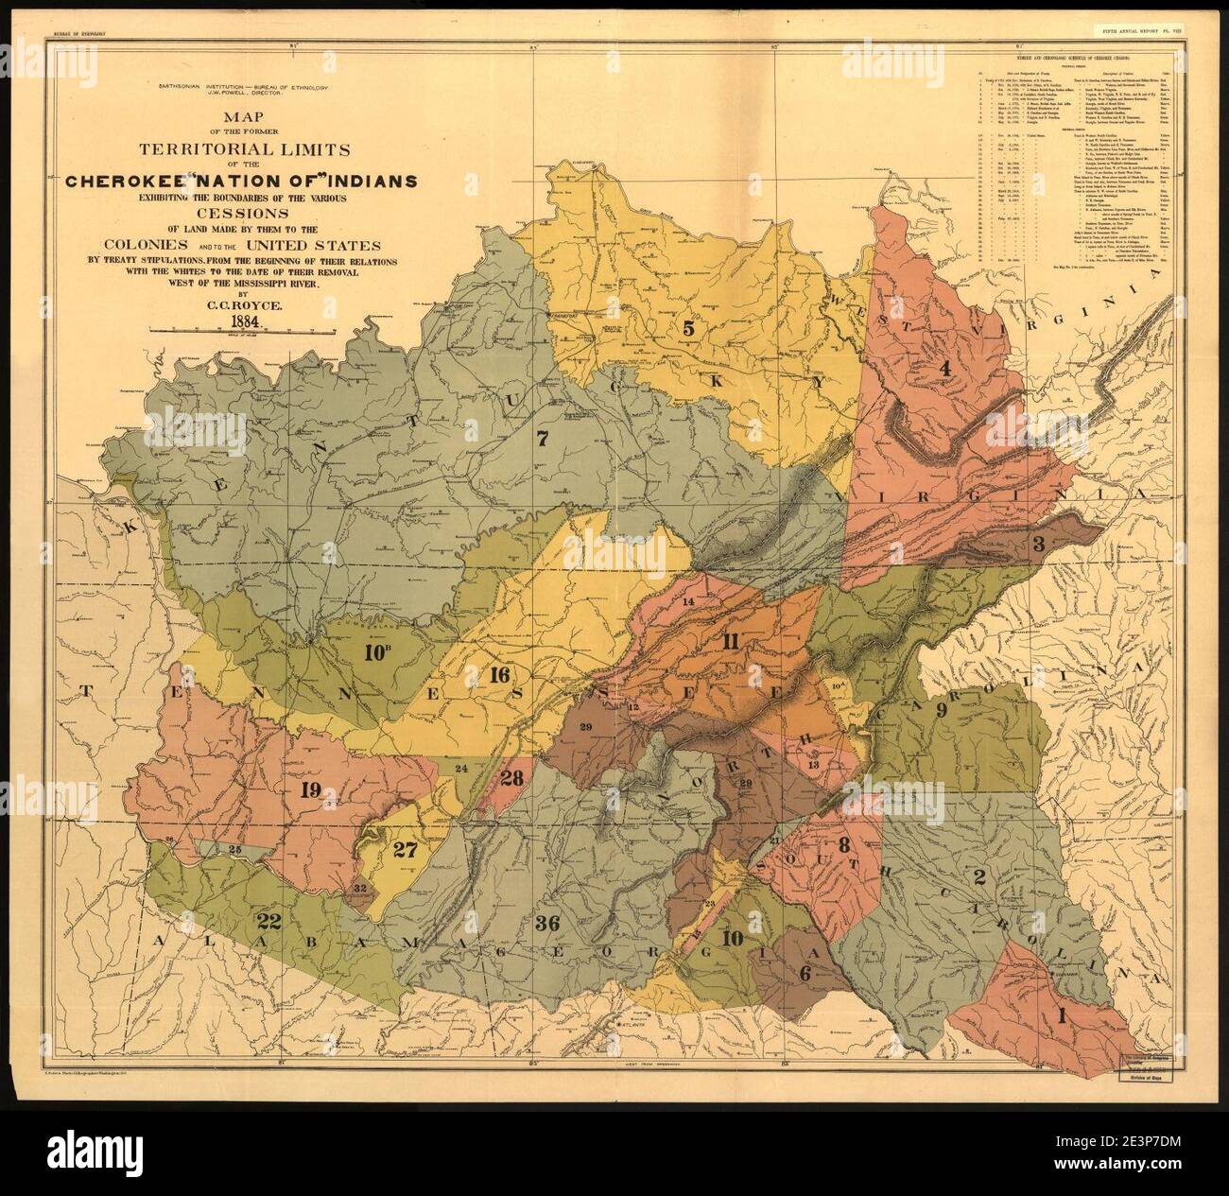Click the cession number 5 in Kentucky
click(689, 328)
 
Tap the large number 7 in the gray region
click(542, 439)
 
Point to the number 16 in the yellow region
click(500, 674)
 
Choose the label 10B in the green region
click(376, 651)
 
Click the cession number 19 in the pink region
click(310, 791)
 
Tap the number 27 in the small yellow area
click(404, 848)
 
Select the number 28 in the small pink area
click(511, 778)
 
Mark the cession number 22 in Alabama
click(268, 919)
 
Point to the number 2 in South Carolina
click(980, 875)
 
